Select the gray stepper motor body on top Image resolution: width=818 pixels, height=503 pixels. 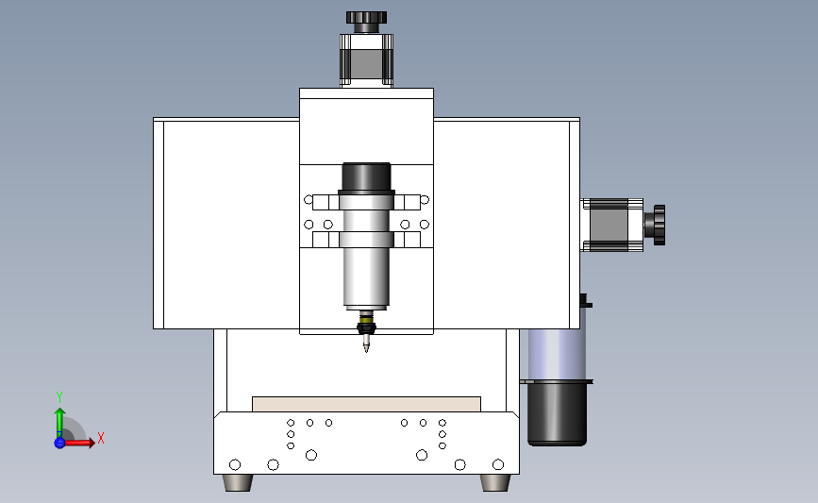tap(366, 60)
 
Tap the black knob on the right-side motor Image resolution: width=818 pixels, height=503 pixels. tap(655, 225)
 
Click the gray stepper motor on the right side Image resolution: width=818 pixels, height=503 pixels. tap(612, 225)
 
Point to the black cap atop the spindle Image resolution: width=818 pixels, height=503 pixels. tap(366, 176)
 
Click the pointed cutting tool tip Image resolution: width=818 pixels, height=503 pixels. tap(366, 344)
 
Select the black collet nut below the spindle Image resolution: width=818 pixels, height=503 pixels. tap(366, 328)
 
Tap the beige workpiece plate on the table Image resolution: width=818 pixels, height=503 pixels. tap(366, 405)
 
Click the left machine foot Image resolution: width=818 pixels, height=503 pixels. tap(238, 482)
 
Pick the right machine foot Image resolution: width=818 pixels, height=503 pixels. tap(495, 482)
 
